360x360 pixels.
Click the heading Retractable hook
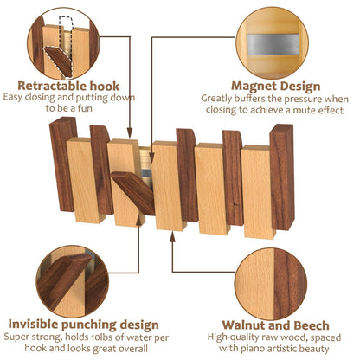pyautogui.click(x=68, y=86)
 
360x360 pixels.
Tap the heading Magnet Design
pyautogui.click(x=276, y=87)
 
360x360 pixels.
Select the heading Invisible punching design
pyautogui.click(x=84, y=325)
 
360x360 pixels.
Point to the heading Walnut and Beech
pyautogui.click(x=275, y=325)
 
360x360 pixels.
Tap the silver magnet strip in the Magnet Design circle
pyautogui.click(x=273, y=45)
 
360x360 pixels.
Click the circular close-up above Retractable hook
pyautogui.click(x=63, y=43)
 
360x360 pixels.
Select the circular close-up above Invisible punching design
pyautogui.click(x=73, y=282)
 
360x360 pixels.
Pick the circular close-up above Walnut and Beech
pyautogui.click(x=271, y=284)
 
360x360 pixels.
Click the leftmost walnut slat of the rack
pyautogui.click(x=63, y=164)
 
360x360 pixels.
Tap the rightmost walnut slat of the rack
pyautogui.click(x=282, y=177)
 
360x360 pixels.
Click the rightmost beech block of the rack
pyautogui.click(x=258, y=192)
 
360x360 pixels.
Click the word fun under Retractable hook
pyautogui.click(x=85, y=108)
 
